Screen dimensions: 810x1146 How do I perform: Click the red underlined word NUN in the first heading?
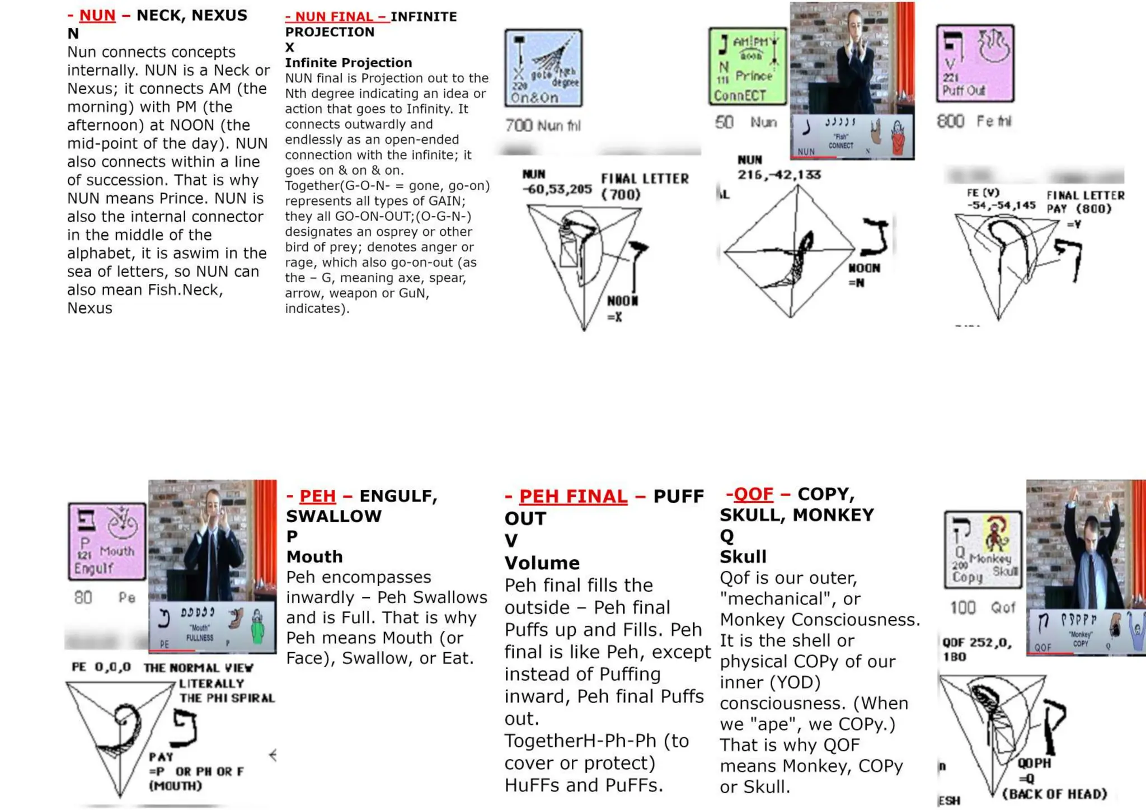tap(97, 16)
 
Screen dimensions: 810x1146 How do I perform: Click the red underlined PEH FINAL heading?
tap(572, 496)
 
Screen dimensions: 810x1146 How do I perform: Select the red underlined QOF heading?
tap(753, 494)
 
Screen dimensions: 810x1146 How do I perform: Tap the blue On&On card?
tap(543, 68)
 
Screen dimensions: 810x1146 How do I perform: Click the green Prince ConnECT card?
tap(747, 67)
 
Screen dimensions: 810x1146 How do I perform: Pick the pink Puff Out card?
tap(975, 64)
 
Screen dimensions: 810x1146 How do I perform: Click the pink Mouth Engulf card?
tap(107, 541)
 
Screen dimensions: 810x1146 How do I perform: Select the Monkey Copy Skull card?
tap(983, 550)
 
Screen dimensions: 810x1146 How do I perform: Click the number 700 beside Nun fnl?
tap(518, 125)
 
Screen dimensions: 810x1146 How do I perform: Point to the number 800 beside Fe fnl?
tap(950, 121)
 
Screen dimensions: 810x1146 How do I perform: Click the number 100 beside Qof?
tap(962, 608)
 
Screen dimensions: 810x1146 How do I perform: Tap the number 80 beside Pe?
tap(83, 598)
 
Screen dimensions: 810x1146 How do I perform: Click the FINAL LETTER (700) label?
tap(644, 186)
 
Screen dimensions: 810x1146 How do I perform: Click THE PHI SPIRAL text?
tap(227, 699)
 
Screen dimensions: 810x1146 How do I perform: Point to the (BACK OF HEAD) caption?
tap(1054, 794)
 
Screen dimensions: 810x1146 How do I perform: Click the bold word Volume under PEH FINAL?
tap(542, 563)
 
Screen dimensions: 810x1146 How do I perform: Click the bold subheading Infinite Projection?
tap(348, 63)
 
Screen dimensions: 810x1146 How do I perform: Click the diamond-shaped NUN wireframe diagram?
tap(790, 252)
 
